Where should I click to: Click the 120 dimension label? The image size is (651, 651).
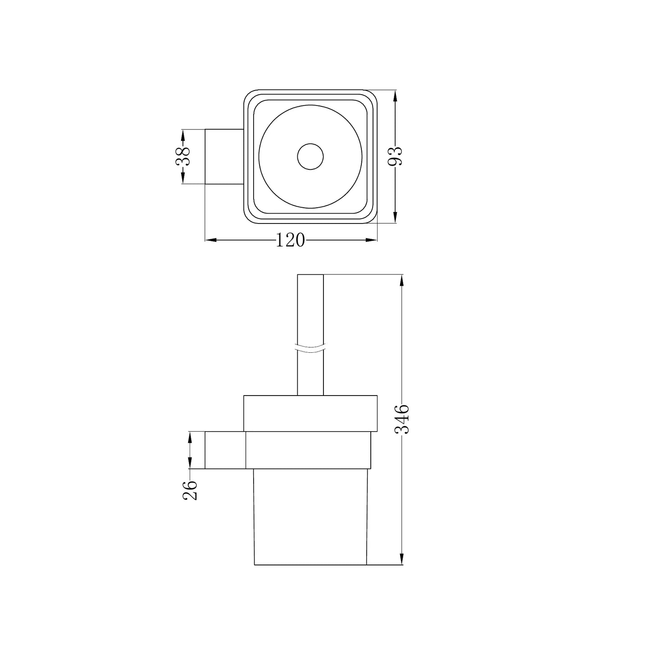pos(291,240)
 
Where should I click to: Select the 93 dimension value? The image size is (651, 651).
pos(395,156)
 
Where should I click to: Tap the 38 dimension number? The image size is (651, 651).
pos(183,156)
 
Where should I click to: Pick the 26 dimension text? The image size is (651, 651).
pos(190,490)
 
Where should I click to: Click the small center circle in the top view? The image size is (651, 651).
pos(310,156)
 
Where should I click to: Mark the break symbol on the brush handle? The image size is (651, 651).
pos(310,348)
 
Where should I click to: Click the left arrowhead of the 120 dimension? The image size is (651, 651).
pos(211,240)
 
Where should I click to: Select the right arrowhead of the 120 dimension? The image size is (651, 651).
pos(372,240)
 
